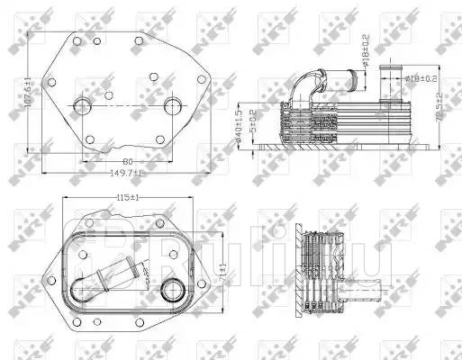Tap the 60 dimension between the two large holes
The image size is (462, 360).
pyautogui.click(x=126, y=160)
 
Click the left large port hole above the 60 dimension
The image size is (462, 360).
pyautogui.click(x=83, y=107)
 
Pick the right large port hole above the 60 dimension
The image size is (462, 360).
pyautogui.click(x=172, y=107)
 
